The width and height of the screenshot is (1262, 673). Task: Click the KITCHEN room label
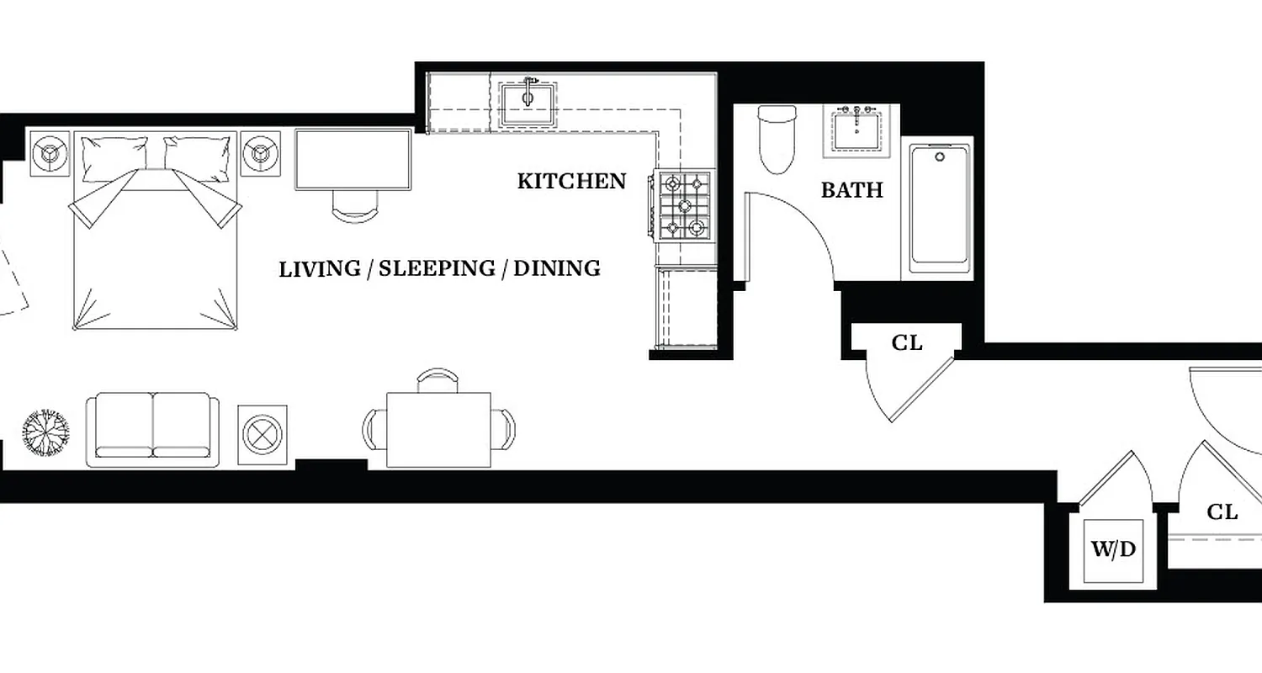click(571, 181)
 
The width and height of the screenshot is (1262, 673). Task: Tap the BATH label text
click(851, 190)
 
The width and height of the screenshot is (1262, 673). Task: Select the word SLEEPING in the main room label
click(436, 268)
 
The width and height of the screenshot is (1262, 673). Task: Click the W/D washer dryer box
click(1113, 550)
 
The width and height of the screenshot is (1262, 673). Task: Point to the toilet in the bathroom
click(775, 138)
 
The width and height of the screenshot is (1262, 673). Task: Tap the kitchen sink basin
click(528, 104)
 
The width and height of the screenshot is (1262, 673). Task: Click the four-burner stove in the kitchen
click(682, 205)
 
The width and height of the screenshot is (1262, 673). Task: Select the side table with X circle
click(263, 435)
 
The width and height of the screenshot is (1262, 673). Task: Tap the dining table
click(438, 429)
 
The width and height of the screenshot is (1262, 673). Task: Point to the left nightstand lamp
click(50, 153)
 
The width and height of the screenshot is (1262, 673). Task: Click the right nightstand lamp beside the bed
click(261, 153)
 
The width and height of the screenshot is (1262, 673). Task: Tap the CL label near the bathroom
click(906, 343)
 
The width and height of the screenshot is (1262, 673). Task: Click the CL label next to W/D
click(1222, 511)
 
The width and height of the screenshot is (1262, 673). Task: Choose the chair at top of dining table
click(438, 380)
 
